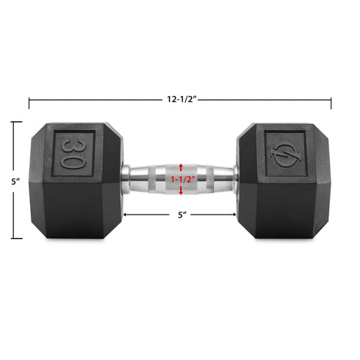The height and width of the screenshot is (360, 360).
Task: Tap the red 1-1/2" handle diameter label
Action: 181,179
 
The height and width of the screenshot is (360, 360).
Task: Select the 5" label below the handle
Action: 180,215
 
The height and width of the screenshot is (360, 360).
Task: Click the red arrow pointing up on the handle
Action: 181,168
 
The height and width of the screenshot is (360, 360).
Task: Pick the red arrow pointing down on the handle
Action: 181,191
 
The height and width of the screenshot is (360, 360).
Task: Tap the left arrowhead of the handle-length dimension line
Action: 126,215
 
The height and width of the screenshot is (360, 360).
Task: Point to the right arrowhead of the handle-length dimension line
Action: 234,215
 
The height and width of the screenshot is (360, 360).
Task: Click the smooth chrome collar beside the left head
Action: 127,177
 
